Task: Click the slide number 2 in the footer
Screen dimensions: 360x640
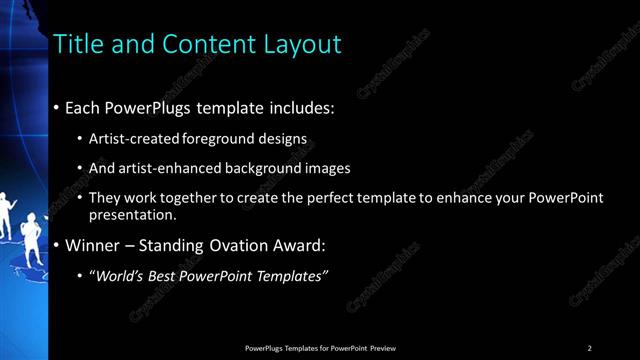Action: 590,347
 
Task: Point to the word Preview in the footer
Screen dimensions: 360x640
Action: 382,347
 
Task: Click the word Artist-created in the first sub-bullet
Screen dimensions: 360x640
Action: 128,138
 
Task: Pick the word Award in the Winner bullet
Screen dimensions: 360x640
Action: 299,244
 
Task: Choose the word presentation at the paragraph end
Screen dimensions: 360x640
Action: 132,214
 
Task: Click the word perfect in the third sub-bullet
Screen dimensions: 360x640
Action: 305,198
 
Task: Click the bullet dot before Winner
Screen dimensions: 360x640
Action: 56,244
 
